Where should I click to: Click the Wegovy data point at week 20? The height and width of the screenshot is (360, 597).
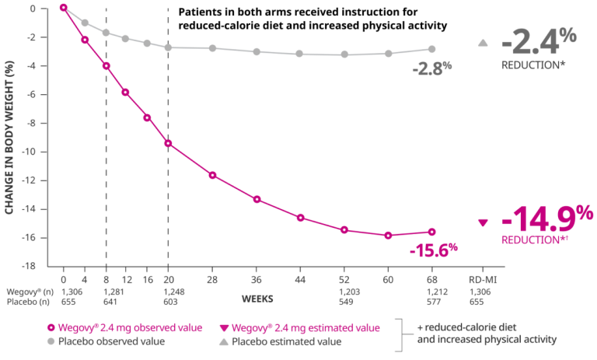168,144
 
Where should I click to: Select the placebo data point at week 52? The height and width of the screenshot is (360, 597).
344,54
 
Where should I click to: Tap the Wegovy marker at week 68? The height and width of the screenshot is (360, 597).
431,232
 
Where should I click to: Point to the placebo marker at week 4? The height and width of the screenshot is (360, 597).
85,23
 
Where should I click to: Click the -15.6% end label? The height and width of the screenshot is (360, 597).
434,250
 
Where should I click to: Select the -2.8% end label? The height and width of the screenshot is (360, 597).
432,68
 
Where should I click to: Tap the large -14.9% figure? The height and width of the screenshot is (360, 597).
547,218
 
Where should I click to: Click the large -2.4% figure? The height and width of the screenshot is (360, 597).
539,42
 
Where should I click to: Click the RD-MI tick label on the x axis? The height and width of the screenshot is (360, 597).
483,280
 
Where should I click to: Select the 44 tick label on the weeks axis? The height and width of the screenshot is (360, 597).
300,280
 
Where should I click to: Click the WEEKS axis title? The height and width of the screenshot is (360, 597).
257,299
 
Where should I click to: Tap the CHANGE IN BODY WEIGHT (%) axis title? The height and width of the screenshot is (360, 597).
9,138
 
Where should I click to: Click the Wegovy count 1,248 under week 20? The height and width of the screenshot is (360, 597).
174,292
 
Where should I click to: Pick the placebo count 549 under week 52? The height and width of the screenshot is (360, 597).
346,302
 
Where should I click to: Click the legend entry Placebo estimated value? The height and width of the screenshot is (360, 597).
281,341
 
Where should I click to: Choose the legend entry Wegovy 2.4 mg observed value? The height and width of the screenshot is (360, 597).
125,328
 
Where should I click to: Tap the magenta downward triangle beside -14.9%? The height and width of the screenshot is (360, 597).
483,223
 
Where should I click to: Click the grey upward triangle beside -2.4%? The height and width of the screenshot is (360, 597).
483,43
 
